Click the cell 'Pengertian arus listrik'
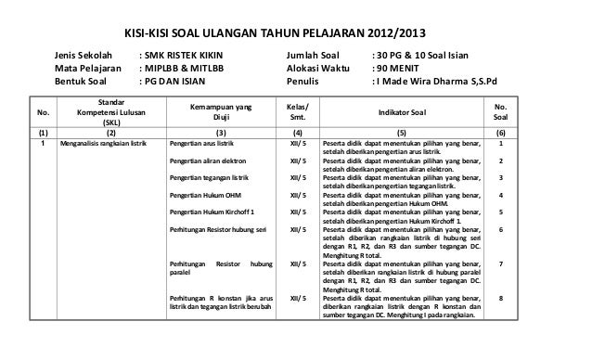tap(201, 145)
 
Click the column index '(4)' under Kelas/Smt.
tap(298, 133)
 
